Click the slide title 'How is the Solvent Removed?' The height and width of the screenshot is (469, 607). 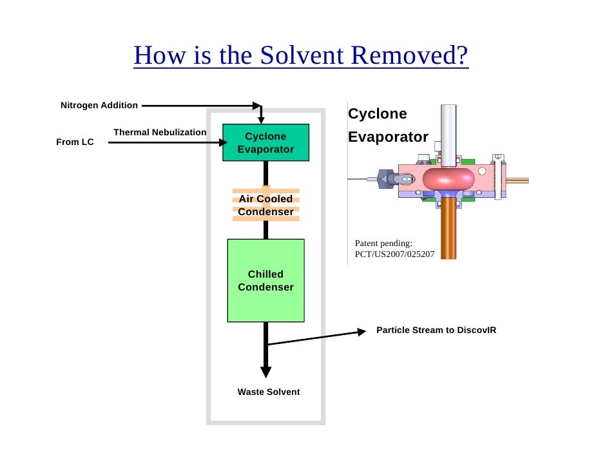[301, 57]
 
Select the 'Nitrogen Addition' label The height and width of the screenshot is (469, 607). [99, 105]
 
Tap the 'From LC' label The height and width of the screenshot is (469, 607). [75, 142]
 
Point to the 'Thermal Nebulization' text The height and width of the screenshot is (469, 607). [160, 132]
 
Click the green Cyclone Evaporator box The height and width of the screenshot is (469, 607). [265, 142]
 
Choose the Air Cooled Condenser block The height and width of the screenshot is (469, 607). [265, 206]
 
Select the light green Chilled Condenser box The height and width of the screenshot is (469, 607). [265, 280]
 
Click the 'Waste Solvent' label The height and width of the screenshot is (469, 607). [269, 392]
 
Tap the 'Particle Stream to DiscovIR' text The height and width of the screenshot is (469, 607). [436, 330]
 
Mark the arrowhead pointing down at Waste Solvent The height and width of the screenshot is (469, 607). [265, 372]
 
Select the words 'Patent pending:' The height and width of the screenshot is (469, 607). [383, 243]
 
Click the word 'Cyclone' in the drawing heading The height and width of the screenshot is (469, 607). [378, 114]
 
